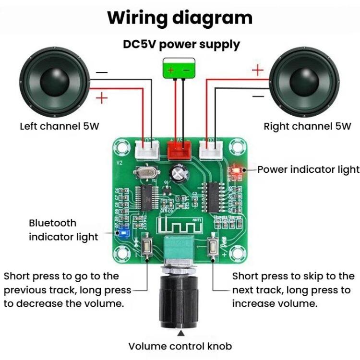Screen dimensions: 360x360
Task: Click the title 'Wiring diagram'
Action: (x=180, y=18)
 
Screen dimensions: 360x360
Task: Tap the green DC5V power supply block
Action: (x=180, y=68)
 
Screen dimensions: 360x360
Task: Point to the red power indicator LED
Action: (x=236, y=170)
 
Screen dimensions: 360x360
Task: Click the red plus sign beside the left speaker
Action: (x=102, y=99)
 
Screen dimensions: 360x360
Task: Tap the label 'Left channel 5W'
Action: (x=60, y=127)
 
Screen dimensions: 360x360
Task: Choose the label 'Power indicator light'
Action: (x=308, y=169)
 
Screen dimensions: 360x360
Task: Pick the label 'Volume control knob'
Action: (x=180, y=346)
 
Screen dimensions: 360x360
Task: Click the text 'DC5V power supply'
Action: (x=181, y=45)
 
